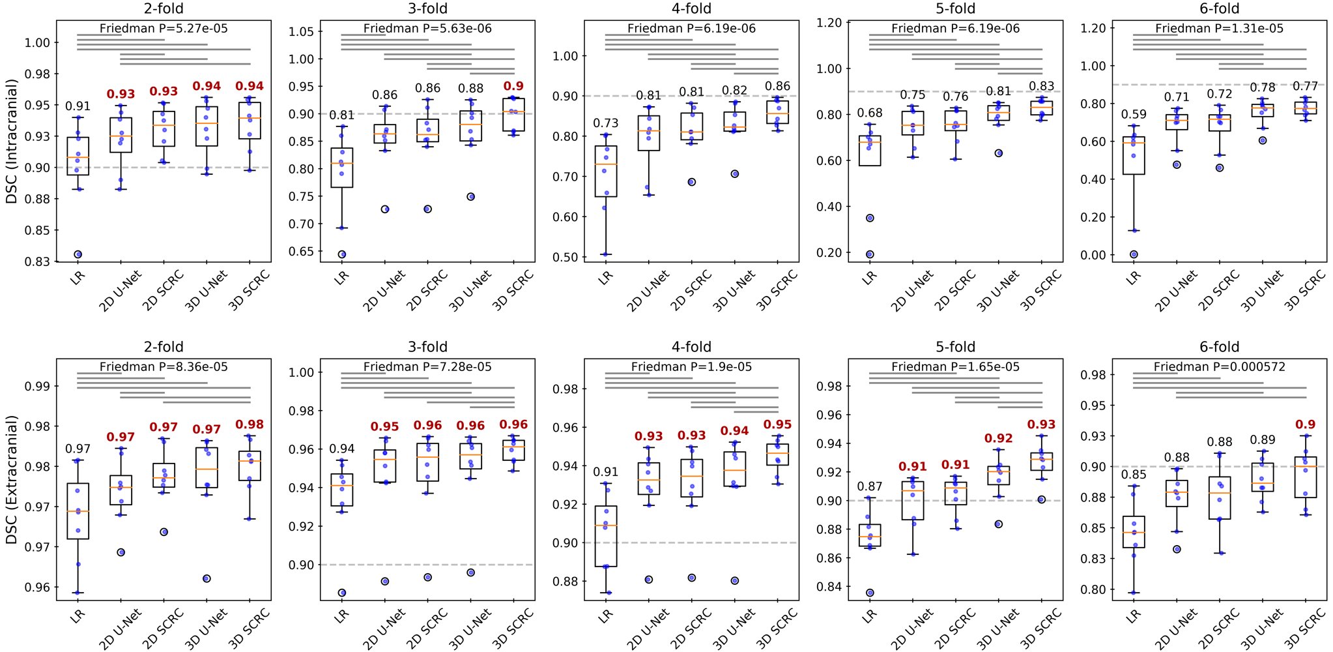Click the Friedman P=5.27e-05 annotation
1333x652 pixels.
coord(164,29)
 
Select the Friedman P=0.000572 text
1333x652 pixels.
coord(1219,367)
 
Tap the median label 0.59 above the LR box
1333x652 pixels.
coord(1134,115)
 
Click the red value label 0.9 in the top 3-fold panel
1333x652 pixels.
coord(513,86)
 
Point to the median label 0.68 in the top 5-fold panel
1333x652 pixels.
coord(870,113)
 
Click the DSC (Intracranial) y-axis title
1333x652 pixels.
coord(12,141)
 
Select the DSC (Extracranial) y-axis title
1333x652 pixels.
coord(12,480)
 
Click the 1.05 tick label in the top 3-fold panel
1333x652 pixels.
coord(301,32)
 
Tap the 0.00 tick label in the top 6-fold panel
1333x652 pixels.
coord(1093,256)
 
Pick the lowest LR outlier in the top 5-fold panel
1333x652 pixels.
coord(870,254)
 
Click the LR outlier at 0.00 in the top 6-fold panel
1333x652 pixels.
coord(1134,254)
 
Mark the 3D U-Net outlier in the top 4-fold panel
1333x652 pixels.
coord(735,174)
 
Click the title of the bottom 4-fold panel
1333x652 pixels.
coord(691,347)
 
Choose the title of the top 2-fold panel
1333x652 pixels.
coord(164,8)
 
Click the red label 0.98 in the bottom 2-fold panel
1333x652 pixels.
coord(250,424)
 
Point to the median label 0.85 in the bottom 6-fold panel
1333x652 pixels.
coord(1134,475)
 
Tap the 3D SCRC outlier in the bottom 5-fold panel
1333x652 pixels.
coord(1041,499)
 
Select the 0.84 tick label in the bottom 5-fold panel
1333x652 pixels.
coord(829,587)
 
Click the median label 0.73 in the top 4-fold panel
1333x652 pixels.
coord(606,123)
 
